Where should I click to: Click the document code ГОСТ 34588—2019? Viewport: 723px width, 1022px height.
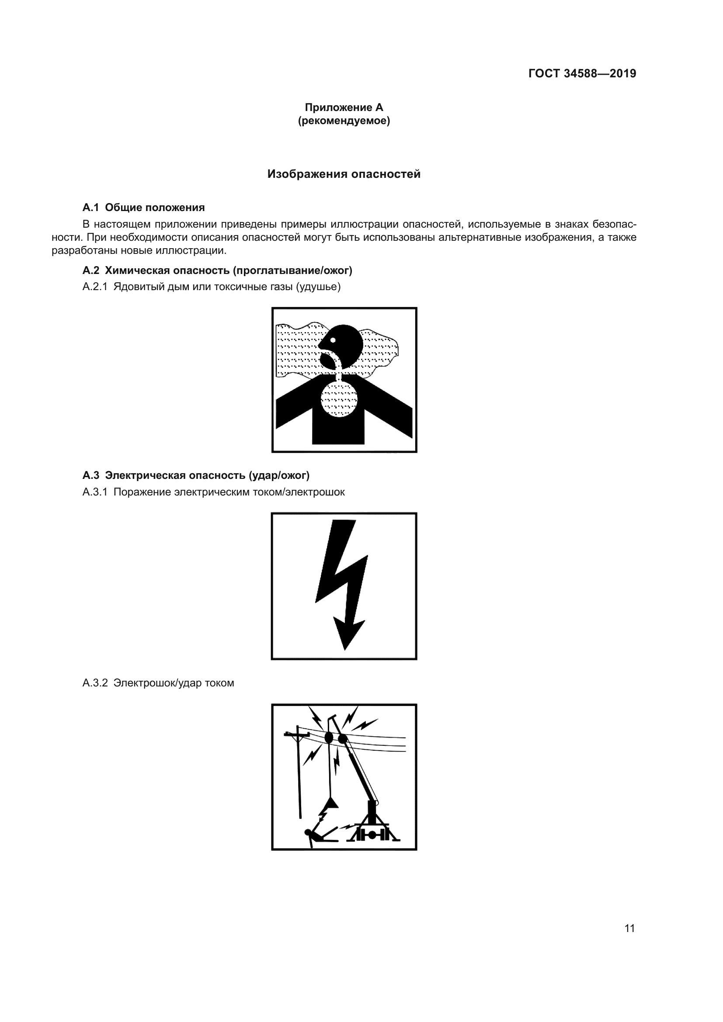click(x=582, y=73)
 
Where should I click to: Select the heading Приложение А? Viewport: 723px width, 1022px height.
click(x=344, y=107)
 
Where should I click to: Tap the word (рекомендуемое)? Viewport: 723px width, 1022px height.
click(x=344, y=121)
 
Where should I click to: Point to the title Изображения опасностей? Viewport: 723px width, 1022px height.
click(x=344, y=174)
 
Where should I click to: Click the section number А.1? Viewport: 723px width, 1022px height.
click(x=91, y=208)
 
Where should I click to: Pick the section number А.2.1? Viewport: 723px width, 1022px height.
click(x=95, y=287)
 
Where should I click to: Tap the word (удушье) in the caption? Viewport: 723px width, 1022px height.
click(x=318, y=287)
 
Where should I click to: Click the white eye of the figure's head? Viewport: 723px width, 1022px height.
click(x=333, y=340)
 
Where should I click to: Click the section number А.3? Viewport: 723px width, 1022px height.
click(x=91, y=475)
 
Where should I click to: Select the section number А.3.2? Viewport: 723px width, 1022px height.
click(x=95, y=683)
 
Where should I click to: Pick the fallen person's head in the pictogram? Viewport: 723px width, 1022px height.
click(x=308, y=832)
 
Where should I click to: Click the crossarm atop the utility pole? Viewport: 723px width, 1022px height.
click(x=297, y=734)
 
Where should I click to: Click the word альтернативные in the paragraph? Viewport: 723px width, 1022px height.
click(x=479, y=237)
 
